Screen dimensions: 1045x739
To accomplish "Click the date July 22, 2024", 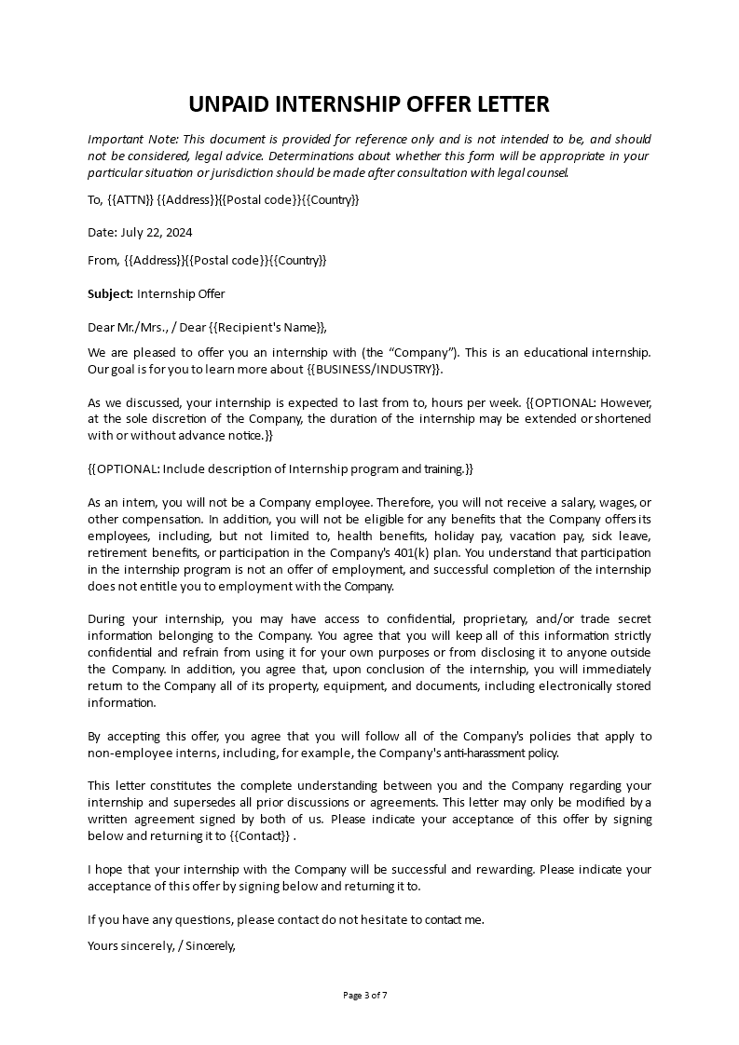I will (140, 232).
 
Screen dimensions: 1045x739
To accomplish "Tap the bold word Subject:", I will (110, 294).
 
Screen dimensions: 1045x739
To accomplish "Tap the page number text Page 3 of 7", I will (365, 995).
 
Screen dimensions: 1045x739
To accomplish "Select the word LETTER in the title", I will (510, 103).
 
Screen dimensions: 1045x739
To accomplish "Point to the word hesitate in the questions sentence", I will (370, 919).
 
